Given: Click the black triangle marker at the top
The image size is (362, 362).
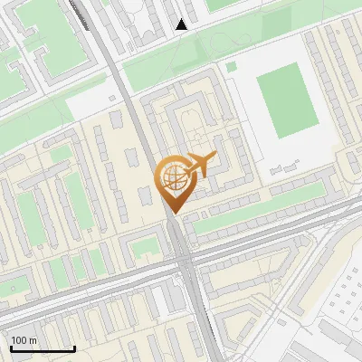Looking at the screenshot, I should [x=181, y=24].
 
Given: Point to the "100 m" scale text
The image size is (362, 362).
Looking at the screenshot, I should [x=24, y=340].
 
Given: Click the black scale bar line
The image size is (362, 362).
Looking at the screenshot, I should [x=43, y=349].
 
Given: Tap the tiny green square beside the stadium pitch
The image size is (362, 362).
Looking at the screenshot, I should [x=232, y=66].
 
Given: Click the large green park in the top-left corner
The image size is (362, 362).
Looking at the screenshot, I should [x=54, y=36].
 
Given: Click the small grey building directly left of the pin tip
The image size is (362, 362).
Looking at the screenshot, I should [x=145, y=195].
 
